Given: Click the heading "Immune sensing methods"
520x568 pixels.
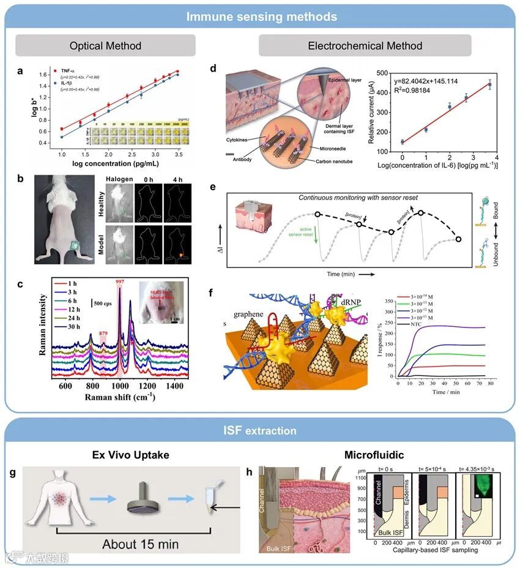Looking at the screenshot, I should pyautogui.click(x=260, y=16).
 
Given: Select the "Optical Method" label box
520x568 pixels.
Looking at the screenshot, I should pyautogui.click(x=105, y=46).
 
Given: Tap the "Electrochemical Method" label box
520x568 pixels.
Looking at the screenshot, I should pyautogui.click(x=365, y=46).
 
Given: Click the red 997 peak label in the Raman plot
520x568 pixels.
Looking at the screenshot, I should pyautogui.click(x=120, y=282).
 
